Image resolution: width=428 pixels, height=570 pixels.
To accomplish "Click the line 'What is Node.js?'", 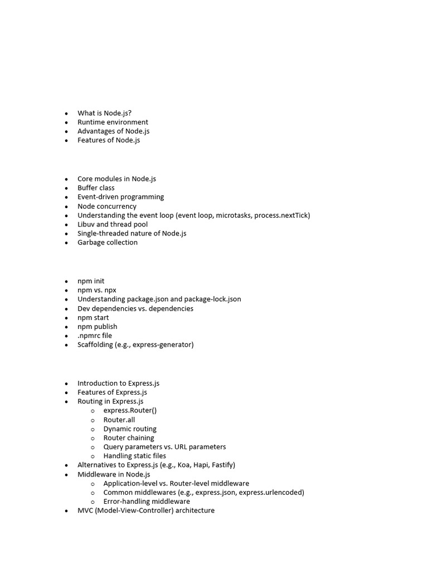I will click(104, 113).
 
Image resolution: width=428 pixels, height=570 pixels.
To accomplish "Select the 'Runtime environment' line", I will click(113, 122).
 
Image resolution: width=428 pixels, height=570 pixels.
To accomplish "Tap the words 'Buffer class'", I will click(96, 188).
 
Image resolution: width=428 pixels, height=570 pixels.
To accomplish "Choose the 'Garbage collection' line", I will click(107, 242).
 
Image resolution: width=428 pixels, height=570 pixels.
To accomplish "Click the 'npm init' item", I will click(91, 281).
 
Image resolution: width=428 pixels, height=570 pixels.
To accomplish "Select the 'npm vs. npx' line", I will click(97, 290).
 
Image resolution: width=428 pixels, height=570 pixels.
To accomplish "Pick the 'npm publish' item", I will click(98, 326).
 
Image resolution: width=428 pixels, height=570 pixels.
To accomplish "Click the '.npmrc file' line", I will click(95, 336).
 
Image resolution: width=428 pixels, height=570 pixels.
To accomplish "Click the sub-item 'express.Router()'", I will click(130, 410).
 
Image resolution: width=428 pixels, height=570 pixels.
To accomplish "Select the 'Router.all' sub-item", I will click(119, 420).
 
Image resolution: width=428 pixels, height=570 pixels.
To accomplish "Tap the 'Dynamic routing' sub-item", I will click(130, 429).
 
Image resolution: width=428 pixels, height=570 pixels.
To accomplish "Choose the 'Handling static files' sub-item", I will click(134, 456).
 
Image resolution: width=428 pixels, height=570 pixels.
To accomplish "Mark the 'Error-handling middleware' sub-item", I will click(147, 501).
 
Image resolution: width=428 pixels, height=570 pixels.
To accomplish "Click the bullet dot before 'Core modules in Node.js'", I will click(66, 179).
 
